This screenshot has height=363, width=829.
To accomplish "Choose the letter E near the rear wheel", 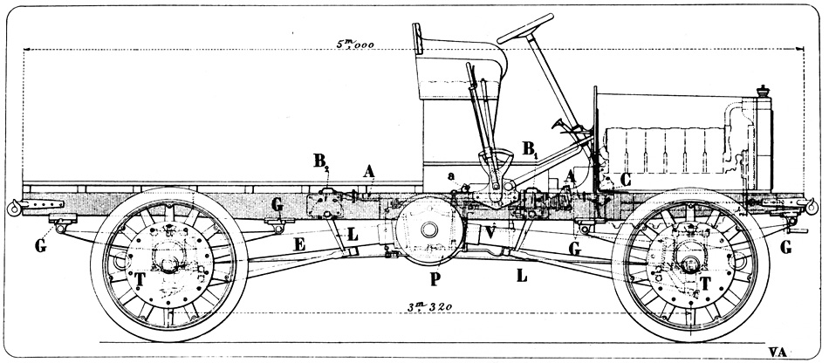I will (299, 246).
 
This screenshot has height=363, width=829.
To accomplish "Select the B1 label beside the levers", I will (531, 149).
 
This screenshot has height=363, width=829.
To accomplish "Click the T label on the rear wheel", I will (140, 278).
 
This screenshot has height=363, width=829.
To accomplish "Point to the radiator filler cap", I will (765, 91).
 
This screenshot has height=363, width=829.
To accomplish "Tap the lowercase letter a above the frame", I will (450, 177).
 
